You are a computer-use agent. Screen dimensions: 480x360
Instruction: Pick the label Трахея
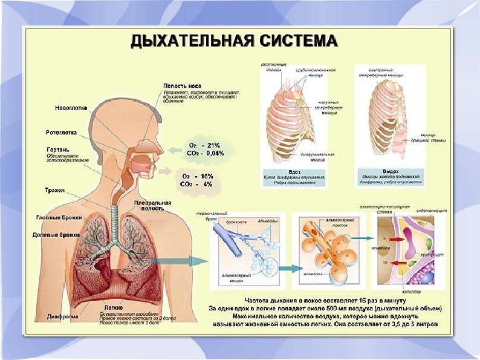[56, 190]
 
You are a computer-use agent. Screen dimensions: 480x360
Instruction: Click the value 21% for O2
[213, 145]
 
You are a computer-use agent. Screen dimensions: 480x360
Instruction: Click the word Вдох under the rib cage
[296, 172]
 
